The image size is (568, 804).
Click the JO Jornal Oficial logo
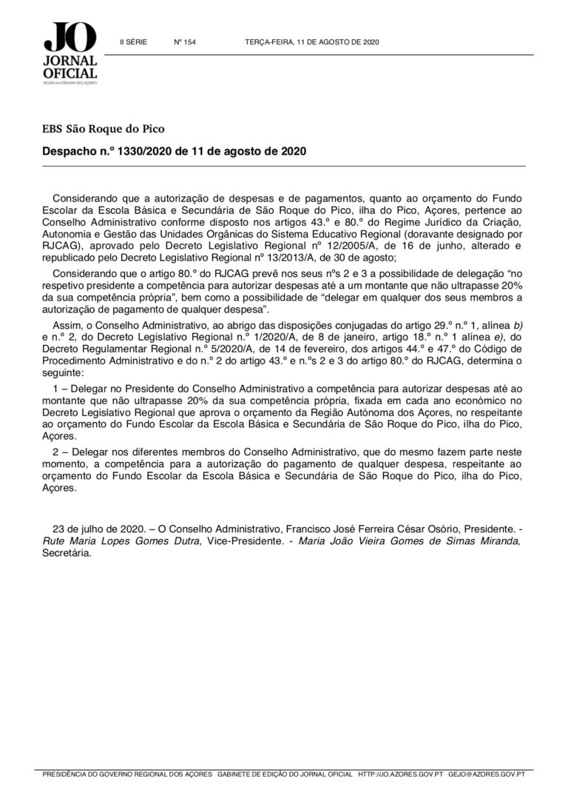(x=70, y=53)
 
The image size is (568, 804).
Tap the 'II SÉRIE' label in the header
(x=133, y=42)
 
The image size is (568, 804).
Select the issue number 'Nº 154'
(x=185, y=42)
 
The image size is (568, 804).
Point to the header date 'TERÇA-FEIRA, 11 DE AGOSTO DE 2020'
(x=311, y=42)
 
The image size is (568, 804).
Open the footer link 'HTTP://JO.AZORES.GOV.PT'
(x=400, y=774)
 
